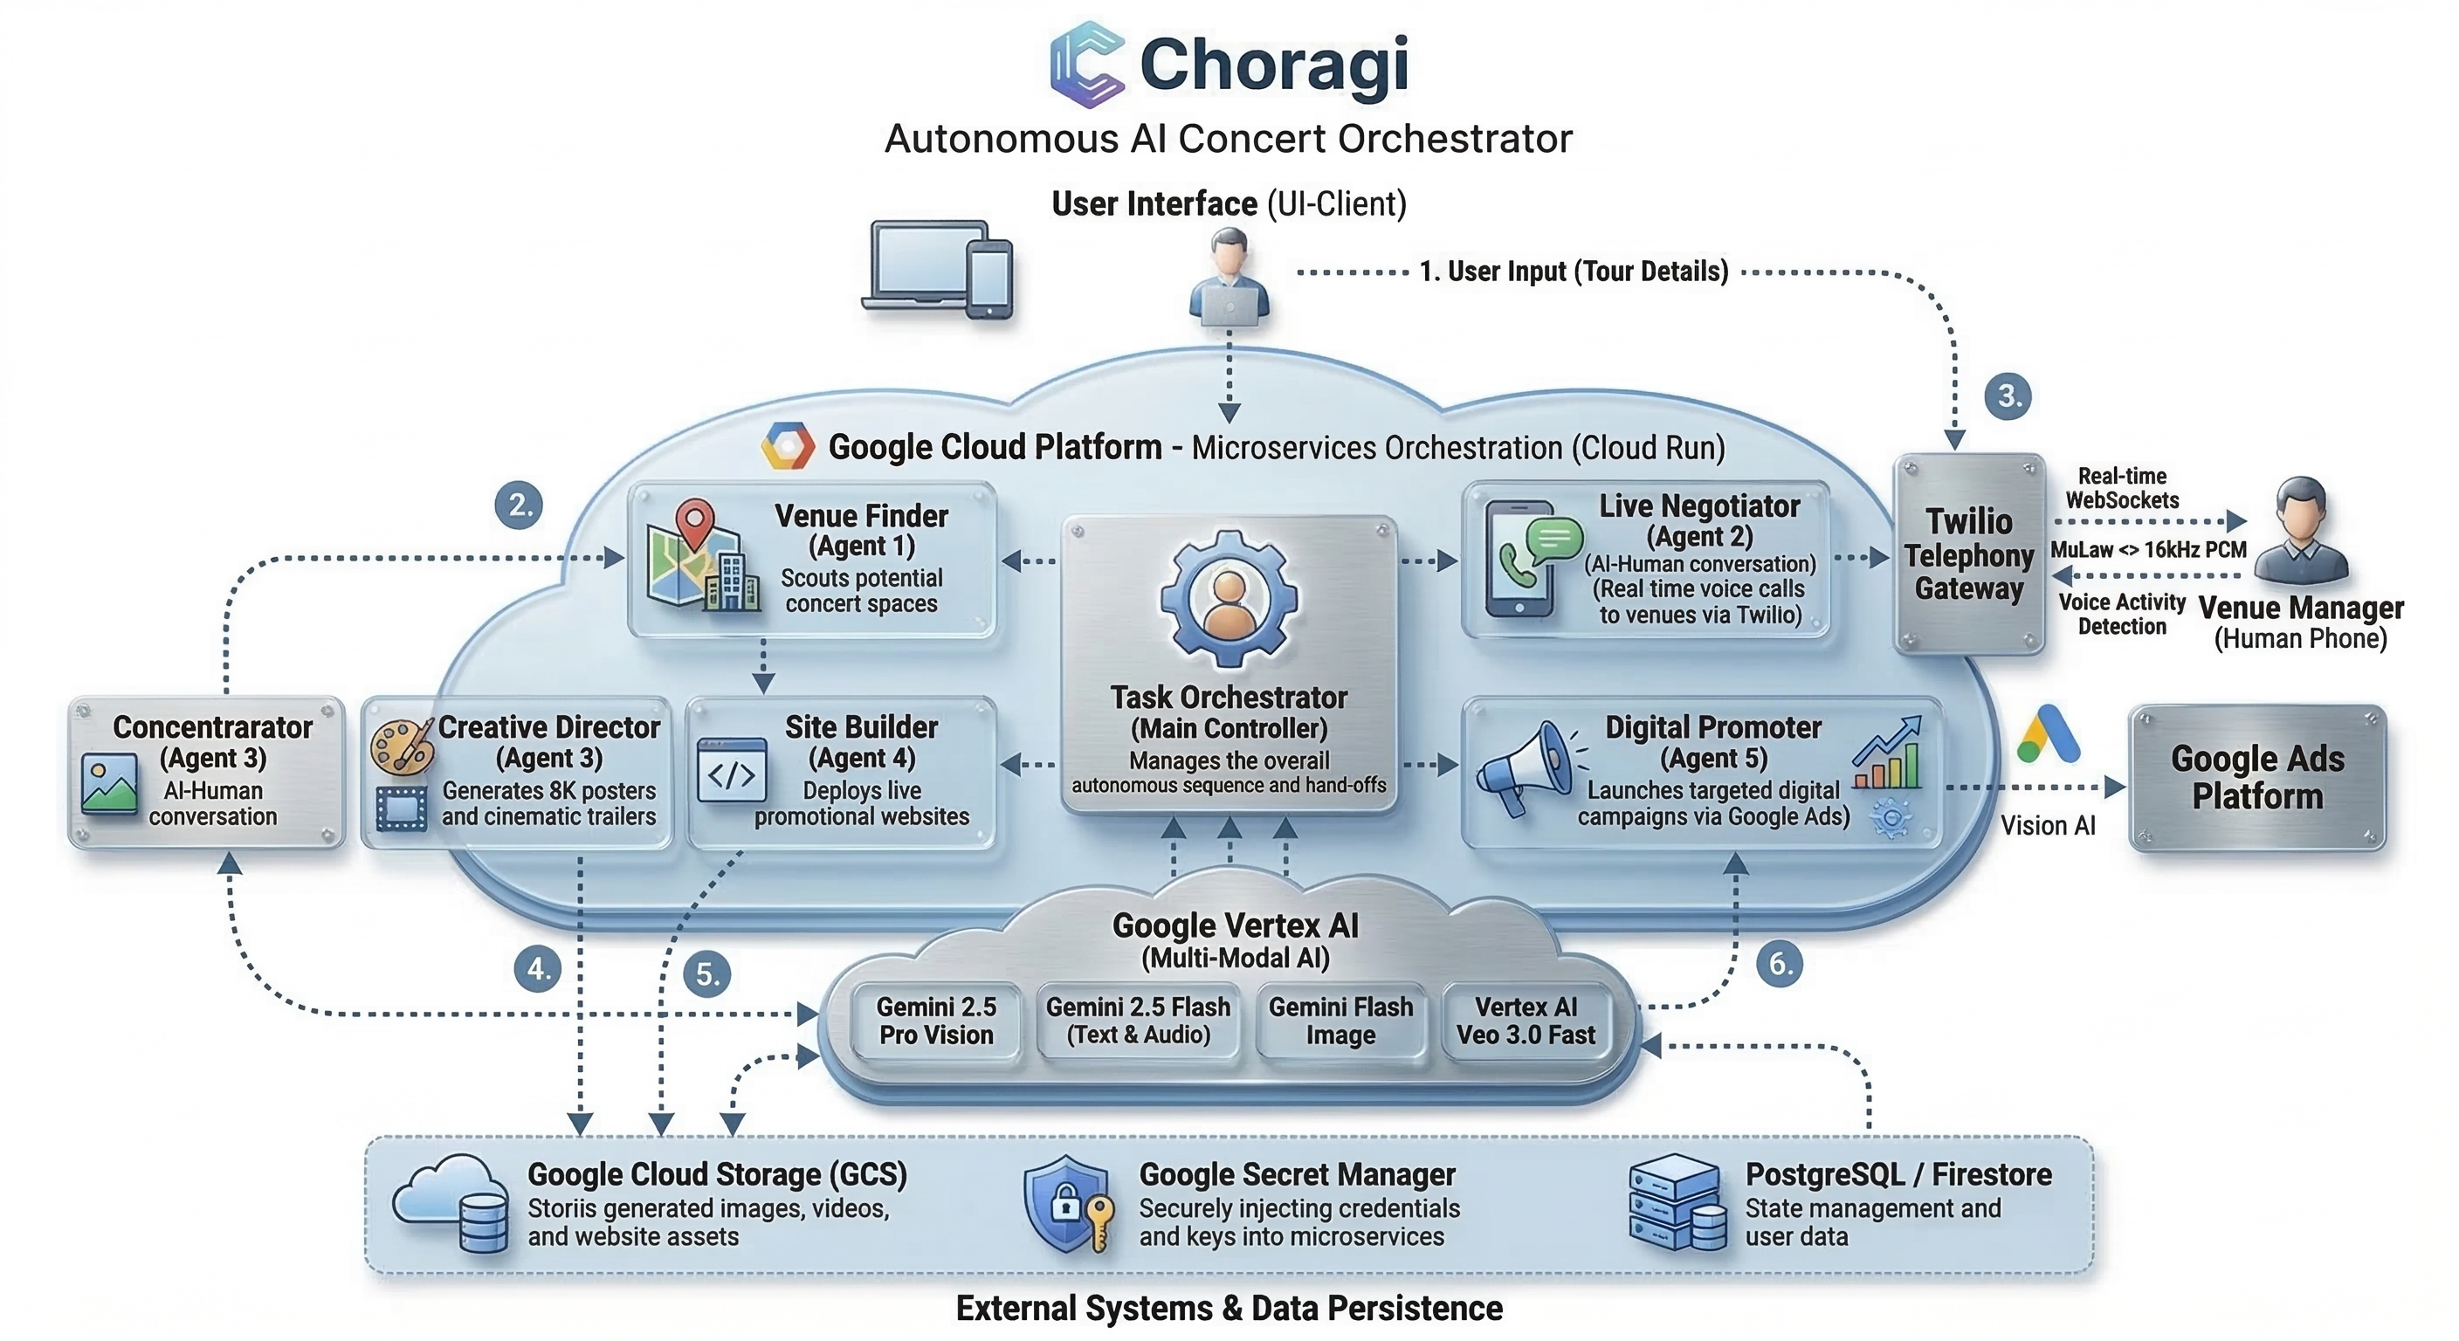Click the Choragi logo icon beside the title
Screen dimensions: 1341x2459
tap(1086, 64)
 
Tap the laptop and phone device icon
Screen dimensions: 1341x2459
tap(939, 271)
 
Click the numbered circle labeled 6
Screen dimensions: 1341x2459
tap(1780, 964)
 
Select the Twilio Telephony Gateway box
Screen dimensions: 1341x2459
tap(1968, 554)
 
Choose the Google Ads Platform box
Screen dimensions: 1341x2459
tap(2256, 778)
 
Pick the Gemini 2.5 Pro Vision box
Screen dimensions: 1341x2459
tap(935, 1021)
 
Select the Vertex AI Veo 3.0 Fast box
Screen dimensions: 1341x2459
tap(1525, 1021)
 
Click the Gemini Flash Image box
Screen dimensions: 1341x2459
tap(1340, 1021)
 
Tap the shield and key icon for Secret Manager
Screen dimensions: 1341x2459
tap(1068, 1205)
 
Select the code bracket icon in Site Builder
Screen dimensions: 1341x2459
tap(731, 771)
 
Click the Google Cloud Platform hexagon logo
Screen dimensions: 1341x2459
tap(788, 446)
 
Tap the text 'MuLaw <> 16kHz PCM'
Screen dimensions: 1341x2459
tap(2148, 550)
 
